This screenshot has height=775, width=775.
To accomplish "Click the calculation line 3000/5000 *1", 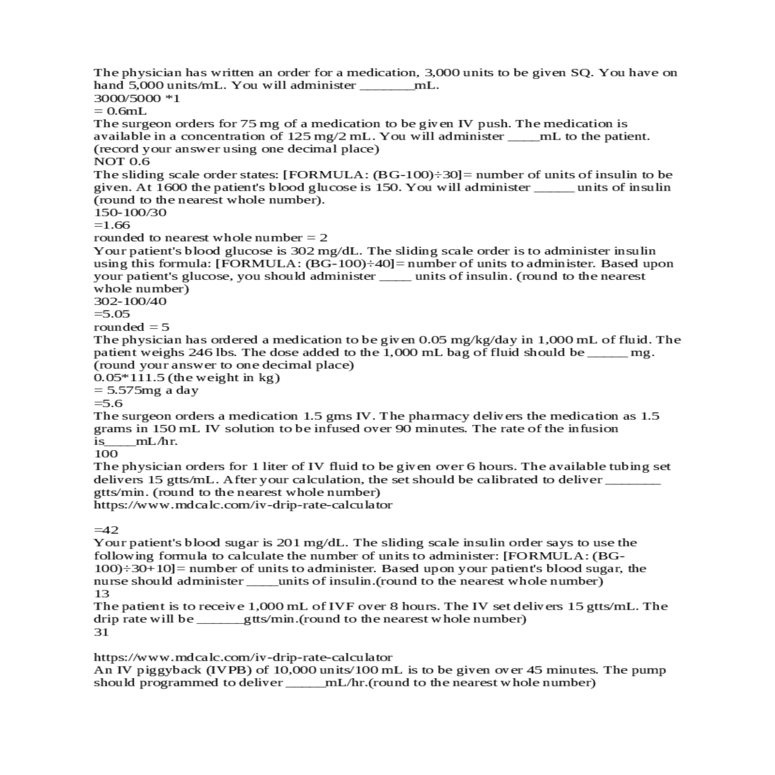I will pos(137,99).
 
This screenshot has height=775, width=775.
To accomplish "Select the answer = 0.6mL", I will pos(120,111).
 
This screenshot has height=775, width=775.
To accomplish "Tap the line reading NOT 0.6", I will pos(121,161).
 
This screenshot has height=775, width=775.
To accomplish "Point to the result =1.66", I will pos(112,225).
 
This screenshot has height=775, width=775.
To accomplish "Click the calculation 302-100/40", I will pos(130,302).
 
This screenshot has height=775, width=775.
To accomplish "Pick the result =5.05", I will pos(112,315).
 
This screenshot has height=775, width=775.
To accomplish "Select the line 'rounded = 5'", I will pos(131,327).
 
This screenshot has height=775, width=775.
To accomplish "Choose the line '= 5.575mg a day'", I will pos(146,391).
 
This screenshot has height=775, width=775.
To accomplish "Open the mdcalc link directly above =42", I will pos(243,505).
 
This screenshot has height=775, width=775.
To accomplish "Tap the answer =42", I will pos(106,530).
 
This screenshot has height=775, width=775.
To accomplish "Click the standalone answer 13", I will pos(101,594).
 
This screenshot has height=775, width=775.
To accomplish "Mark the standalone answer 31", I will pos(101,632).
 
